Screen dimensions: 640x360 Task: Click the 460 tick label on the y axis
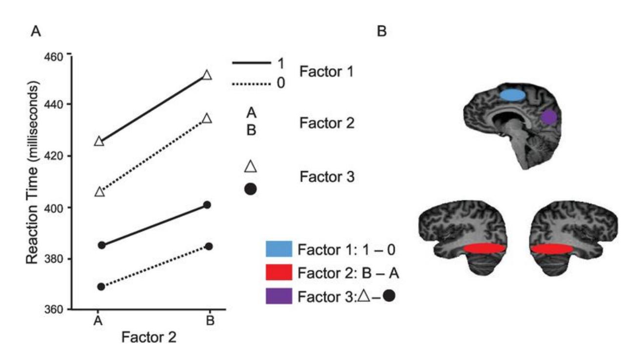click(54, 57)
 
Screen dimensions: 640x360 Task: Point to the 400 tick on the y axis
click(69, 208)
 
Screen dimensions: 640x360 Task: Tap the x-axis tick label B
click(210, 320)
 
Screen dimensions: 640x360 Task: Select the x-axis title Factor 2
click(149, 338)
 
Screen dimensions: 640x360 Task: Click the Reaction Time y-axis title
click(32, 174)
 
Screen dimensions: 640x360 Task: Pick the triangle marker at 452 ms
click(207, 75)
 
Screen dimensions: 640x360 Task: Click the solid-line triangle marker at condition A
click(99, 141)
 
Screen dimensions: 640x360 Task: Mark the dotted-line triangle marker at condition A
click(100, 191)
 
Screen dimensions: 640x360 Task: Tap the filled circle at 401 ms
click(207, 205)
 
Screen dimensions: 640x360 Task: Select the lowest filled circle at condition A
click(101, 286)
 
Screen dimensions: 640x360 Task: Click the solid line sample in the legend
click(251, 62)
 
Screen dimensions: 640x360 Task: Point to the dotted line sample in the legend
click(251, 84)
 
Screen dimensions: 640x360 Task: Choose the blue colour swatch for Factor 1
click(279, 249)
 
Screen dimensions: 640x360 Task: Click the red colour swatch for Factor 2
click(279, 272)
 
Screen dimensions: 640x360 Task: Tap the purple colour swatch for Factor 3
click(279, 296)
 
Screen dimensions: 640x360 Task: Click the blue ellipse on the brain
click(513, 95)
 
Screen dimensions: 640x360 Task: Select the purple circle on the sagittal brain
click(549, 117)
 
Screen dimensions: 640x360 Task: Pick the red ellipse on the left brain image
click(484, 248)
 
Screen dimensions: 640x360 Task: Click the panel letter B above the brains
click(382, 31)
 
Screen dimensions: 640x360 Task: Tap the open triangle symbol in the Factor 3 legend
click(251, 166)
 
